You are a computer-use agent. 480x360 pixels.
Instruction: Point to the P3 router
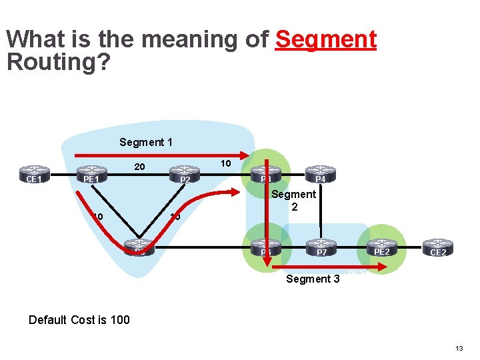[266, 175]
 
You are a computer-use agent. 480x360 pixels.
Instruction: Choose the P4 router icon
[321, 175]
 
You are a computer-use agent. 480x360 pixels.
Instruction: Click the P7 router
[321, 248]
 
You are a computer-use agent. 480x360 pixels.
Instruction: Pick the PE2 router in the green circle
[381, 248]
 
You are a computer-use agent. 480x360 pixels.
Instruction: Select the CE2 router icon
[438, 248]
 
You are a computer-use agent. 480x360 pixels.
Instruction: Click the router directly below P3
[266, 248]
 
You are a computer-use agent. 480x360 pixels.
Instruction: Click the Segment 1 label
[146, 142]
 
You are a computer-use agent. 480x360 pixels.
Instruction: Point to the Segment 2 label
[293, 201]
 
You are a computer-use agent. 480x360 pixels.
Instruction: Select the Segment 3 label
[313, 279]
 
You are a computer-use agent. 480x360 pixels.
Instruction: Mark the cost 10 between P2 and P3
[226, 163]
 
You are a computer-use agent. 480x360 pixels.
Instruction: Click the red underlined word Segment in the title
[325, 39]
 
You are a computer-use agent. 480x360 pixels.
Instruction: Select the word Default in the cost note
[47, 319]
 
